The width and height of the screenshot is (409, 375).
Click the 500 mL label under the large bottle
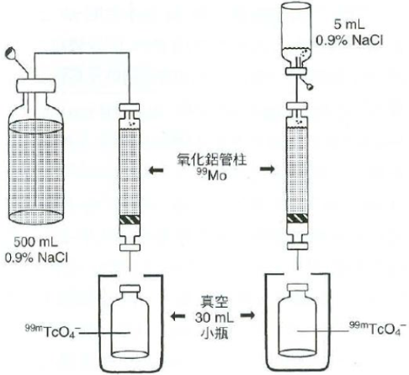[x=35, y=242]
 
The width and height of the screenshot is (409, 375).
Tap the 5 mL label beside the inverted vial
[x=349, y=24]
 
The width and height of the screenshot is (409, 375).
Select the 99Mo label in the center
[x=211, y=174]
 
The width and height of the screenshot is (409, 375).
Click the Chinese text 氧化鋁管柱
[x=212, y=160]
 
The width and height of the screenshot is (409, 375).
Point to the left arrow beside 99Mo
[x=156, y=170]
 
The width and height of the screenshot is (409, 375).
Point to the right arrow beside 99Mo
[x=268, y=169]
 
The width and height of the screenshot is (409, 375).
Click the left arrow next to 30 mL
[x=178, y=316]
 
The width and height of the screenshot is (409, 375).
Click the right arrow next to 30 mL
[x=247, y=315]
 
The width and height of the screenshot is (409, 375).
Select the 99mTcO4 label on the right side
[x=377, y=329]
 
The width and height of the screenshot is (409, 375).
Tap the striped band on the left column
[x=130, y=220]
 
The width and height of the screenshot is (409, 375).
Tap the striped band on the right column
[x=297, y=217]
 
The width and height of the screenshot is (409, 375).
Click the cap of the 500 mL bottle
[x=35, y=85]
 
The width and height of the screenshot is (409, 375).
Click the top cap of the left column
[x=130, y=107]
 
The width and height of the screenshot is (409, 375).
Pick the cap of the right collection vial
[x=297, y=287]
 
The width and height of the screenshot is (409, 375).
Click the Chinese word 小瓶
[x=215, y=333]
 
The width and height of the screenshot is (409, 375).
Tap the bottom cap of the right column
[x=297, y=246]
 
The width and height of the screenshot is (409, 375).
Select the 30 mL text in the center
[x=215, y=318]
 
